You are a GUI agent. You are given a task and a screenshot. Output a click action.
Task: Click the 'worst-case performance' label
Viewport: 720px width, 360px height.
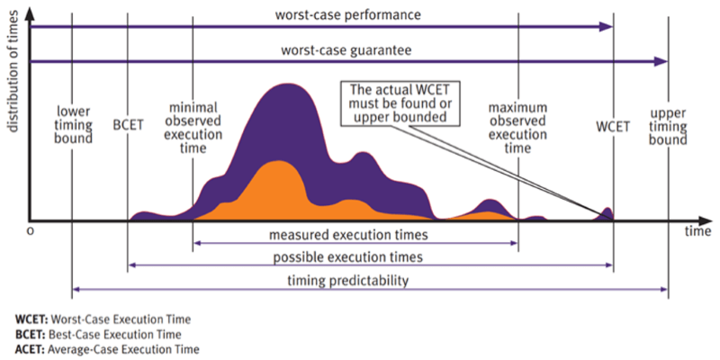pos(347,14)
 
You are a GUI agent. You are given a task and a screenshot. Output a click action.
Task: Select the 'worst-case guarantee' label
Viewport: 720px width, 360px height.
pos(346,49)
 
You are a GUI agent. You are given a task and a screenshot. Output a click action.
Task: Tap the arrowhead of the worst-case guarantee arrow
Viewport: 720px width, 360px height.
pos(661,61)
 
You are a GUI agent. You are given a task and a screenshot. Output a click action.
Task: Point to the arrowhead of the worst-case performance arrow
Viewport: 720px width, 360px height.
pos(606,27)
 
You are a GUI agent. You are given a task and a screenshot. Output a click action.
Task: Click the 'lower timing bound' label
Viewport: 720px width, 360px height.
pos(74,124)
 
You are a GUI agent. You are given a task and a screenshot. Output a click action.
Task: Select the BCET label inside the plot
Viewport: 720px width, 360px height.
pos(128,124)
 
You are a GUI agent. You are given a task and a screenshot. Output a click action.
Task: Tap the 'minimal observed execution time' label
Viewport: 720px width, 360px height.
pos(193,128)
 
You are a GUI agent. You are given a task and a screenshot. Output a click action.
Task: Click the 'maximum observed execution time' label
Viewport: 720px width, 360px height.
pos(517,128)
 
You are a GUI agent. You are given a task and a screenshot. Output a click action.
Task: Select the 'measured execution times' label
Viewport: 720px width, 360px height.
pos(348,235)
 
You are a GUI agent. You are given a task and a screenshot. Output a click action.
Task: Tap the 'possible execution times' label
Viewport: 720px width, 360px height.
pos(347,257)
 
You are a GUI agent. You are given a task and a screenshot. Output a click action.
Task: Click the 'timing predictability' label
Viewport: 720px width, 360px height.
pos(348,280)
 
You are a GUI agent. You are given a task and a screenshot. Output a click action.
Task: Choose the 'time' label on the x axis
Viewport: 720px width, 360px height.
pos(698,231)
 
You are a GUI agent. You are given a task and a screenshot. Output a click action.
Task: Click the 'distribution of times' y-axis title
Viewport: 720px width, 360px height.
pos(13,71)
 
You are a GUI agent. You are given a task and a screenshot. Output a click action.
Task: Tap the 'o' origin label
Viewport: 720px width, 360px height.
pos(31,231)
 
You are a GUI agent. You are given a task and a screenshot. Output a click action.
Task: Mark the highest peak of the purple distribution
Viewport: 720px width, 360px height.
pos(288,85)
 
